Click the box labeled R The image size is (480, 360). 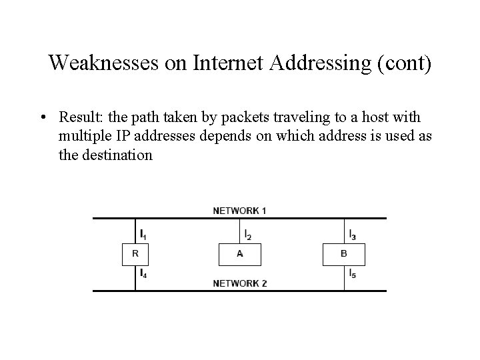point(135,253)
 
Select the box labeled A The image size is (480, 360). point(240,253)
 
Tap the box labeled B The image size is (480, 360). point(344,253)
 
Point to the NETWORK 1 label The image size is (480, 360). point(240,211)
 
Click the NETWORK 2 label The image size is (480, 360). point(240,283)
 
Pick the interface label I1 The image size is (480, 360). point(143,234)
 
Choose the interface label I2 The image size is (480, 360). point(247,234)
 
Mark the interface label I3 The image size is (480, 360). point(352,234)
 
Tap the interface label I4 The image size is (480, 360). point(144,273)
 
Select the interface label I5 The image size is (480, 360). point(352,273)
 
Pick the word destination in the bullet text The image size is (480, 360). point(117,155)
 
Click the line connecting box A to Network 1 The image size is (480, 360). point(240,231)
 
